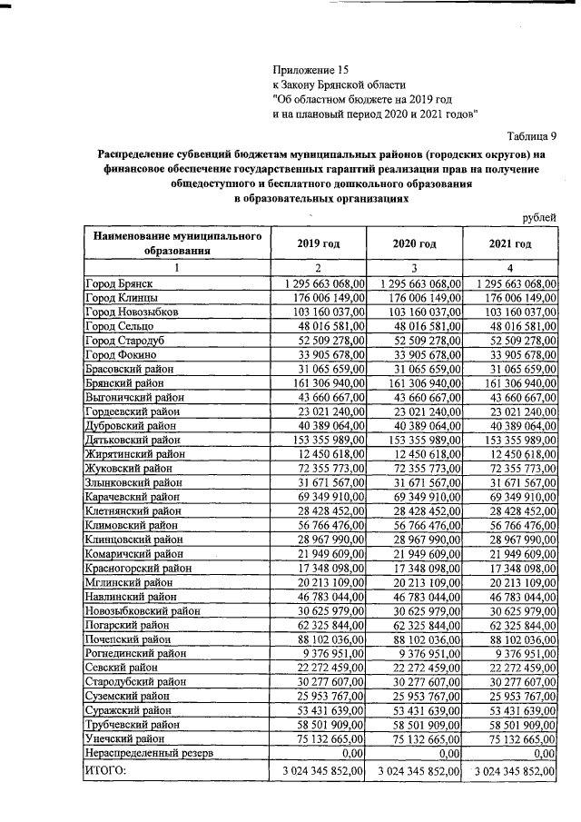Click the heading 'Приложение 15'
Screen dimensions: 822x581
pyautogui.click(x=310, y=68)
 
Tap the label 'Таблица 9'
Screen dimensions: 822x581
pyautogui.click(x=531, y=135)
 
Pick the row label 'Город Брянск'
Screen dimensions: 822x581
pyautogui.click(x=118, y=284)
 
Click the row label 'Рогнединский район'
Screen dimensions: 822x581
pyautogui.click(x=131, y=654)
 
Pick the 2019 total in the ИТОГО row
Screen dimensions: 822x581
pyautogui.click(x=319, y=771)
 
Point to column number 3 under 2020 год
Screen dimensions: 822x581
pyautogui.click(x=414, y=268)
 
